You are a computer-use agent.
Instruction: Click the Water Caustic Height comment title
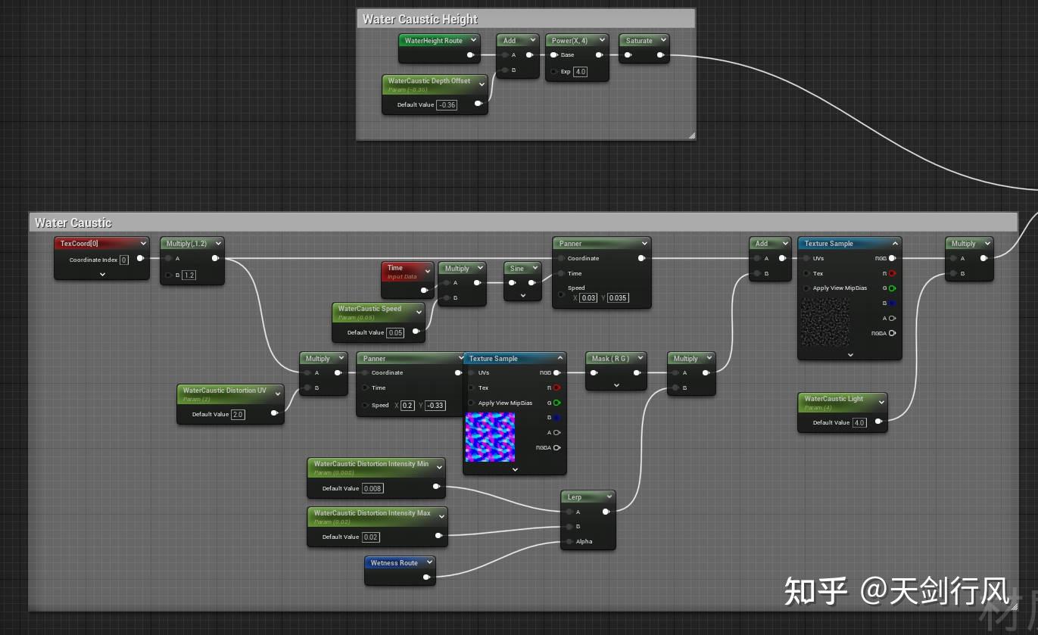pyautogui.click(x=420, y=19)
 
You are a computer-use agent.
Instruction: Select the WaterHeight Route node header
pyautogui.click(x=434, y=41)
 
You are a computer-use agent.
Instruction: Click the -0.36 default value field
pyautogui.click(x=447, y=105)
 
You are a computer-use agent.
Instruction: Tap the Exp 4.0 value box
pyautogui.click(x=580, y=72)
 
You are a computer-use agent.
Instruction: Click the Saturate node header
pyautogui.click(x=639, y=41)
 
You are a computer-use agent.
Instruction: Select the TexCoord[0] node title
pyautogui.click(x=79, y=244)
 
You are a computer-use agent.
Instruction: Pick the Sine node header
pyautogui.click(x=517, y=269)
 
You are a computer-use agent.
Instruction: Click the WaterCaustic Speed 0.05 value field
pyautogui.click(x=395, y=333)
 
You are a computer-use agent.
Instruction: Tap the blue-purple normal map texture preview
pyautogui.click(x=490, y=437)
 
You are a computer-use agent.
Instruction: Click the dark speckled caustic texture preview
pyautogui.click(x=825, y=322)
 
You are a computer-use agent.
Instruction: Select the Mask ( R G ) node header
pyautogui.click(x=611, y=359)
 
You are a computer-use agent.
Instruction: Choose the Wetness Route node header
pyautogui.click(x=394, y=563)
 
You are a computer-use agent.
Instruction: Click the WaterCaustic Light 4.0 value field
pyautogui.click(x=859, y=423)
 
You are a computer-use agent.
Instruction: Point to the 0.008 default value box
pyautogui.click(x=372, y=489)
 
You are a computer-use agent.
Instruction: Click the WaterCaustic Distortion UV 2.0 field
pyautogui.click(x=238, y=415)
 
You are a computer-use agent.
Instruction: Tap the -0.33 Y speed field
pyautogui.click(x=435, y=406)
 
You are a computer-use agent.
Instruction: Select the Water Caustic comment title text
pyautogui.click(x=73, y=223)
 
